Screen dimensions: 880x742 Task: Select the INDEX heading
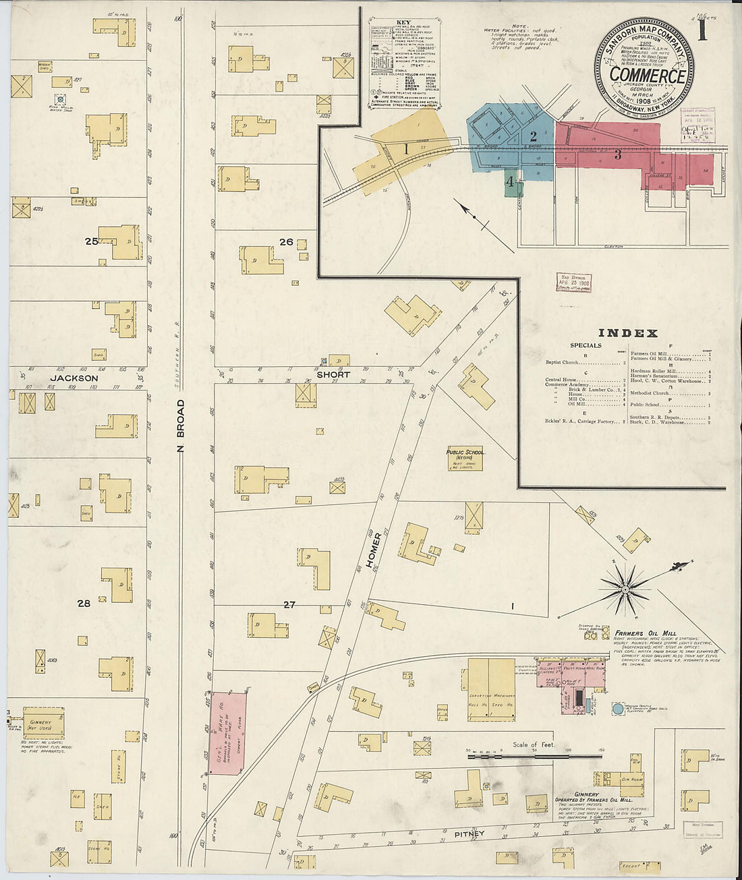tap(628, 333)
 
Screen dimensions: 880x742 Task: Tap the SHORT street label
tap(333, 374)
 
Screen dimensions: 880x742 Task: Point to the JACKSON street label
tap(74, 378)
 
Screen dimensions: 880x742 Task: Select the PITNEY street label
tap(469, 834)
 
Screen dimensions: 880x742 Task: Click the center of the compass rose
tap(625, 589)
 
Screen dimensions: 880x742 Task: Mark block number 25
tap(91, 241)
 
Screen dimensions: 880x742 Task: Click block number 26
tap(286, 242)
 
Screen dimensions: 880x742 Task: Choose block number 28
tap(83, 604)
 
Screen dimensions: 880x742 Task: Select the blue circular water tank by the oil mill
tap(617, 709)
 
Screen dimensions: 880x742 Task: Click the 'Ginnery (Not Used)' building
tap(43, 723)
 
